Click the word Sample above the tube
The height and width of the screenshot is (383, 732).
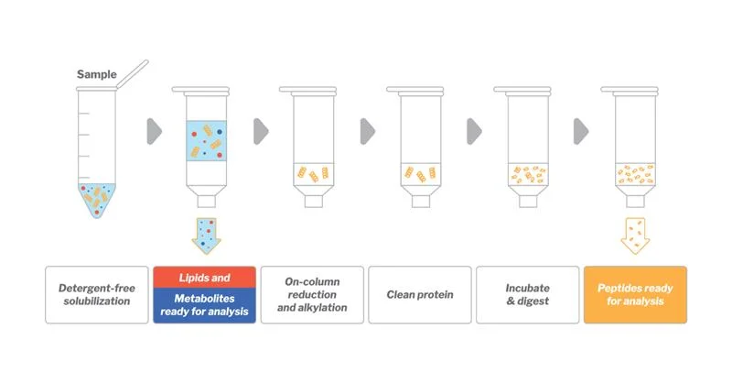pos(96,74)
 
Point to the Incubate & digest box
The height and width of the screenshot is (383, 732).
pos(527,294)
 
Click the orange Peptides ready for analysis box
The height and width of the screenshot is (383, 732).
pos(634,294)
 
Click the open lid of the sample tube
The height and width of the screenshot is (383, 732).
pos(133,70)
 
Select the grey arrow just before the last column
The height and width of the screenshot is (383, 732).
pos(582,131)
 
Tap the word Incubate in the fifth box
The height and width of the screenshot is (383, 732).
pos(528,288)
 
